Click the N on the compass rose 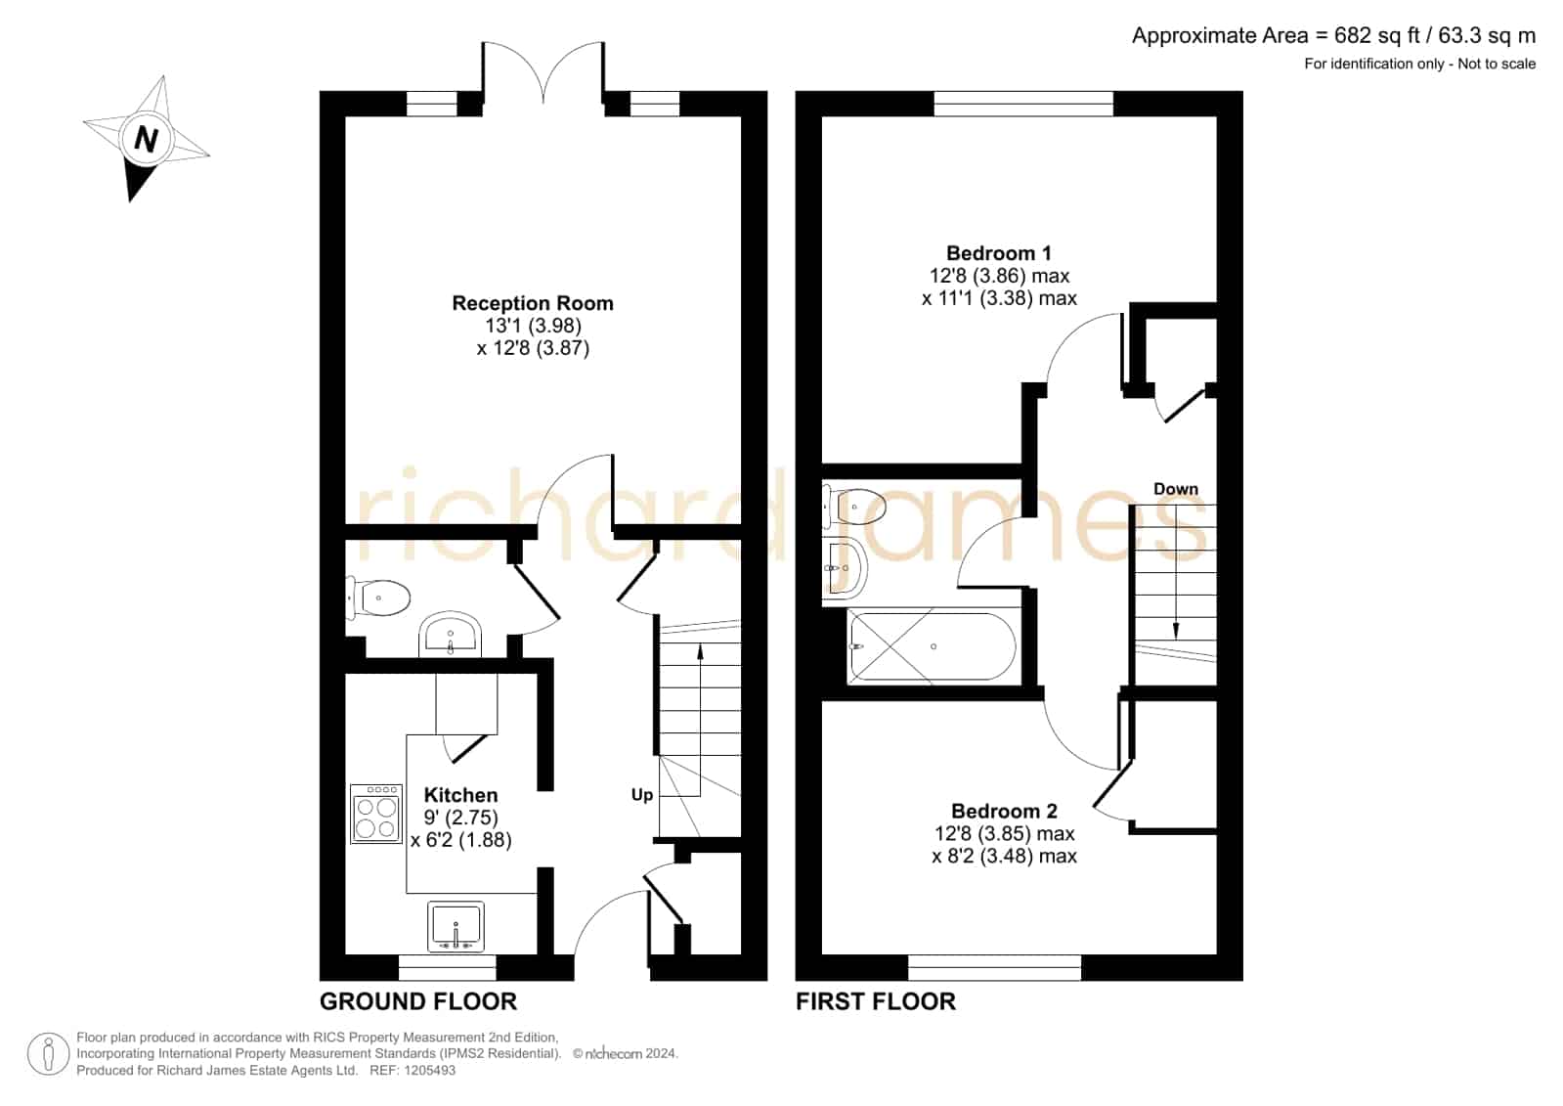[145, 139]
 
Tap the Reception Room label [533, 303]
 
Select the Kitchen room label [460, 795]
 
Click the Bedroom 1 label [999, 252]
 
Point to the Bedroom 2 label [1004, 811]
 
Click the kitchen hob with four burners [376, 814]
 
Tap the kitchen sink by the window [456, 926]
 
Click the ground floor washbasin [450, 635]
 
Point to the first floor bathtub [933, 646]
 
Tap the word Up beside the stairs [642, 795]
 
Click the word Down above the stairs [1176, 489]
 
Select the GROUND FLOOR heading [418, 1001]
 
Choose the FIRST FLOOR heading [876, 1001]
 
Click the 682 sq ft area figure [1377, 35]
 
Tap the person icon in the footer [48, 1053]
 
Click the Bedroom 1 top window [1023, 104]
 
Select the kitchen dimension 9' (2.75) [460, 817]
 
